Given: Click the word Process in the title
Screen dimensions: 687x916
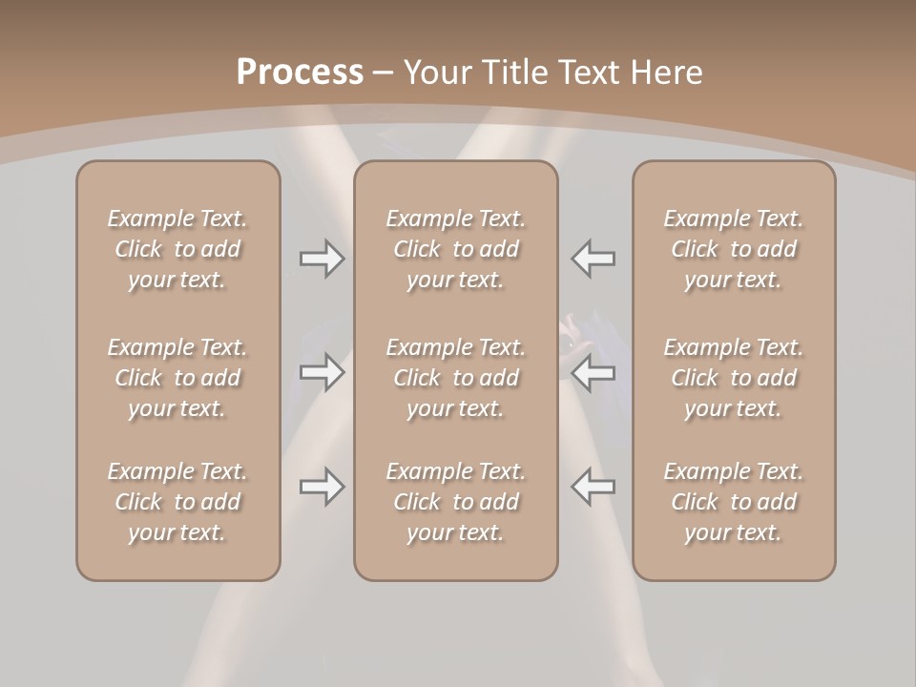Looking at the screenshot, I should (x=300, y=73).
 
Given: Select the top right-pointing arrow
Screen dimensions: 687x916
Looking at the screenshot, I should (x=323, y=259).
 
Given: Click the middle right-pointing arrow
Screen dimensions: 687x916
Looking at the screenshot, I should (x=323, y=372).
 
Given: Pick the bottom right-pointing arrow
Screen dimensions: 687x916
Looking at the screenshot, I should (x=323, y=487).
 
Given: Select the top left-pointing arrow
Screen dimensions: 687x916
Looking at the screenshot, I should (x=593, y=259).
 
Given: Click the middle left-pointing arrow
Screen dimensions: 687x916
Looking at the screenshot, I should (x=593, y=372).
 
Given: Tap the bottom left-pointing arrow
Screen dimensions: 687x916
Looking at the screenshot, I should (x=593, y=487).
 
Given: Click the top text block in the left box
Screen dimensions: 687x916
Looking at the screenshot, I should (x=177, y=249).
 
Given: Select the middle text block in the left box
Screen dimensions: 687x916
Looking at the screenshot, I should (x=177, y=378).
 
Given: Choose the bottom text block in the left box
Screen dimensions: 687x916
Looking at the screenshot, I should (x=177, y=502).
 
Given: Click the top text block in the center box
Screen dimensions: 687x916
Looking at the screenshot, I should (x=456, y=249).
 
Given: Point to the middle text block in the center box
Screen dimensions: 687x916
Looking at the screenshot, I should (x=456, y=378).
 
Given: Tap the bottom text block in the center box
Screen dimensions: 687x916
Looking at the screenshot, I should (x=456, y=502).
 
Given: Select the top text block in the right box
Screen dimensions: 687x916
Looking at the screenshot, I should (x=734, y=249).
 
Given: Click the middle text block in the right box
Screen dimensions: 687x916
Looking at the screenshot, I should (x=734, y=378).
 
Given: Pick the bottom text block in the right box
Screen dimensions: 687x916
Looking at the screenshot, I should (x=734, y=502).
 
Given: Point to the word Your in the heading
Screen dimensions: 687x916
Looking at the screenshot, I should (x=434, y=73).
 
